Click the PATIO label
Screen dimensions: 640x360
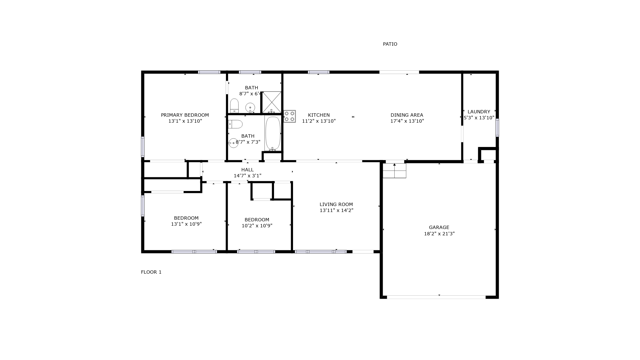pyautogui.click(x=390, y=44)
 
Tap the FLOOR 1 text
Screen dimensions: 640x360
pyautogui.click(x=151, y=272)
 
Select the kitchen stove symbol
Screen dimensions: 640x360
pyautogui.click(x=289, y=116)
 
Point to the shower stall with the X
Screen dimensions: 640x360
pyautogui.click(x=272, y=102)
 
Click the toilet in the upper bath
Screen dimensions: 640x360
pyautogui.click(x=234, y=106)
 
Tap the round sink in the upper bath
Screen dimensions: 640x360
pyautogui.click(x=250, y=108)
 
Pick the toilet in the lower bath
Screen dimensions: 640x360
pyautogui.click(x=235, y=124)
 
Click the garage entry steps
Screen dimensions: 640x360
pyautogui.click(x=394, y=171)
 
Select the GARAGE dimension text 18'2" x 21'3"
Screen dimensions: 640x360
pyautogui.click(x=439, y=234)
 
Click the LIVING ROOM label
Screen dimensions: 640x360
pyautogui.click(x=336, y=204)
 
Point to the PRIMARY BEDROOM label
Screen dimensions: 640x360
pyautogui.click(x=185, y=115)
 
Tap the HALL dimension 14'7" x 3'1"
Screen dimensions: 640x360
pyautogui.click(x=247, y=176)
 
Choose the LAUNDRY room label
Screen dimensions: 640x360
pyautogui.click(x=479, y=112)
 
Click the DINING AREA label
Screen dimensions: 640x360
pyautogui.click(x=407, y=115)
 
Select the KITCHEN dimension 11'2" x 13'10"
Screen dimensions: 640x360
pyautogui.click(x=319, y=121)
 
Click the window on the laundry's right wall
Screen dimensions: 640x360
pyautogui.click(x=497, y=128)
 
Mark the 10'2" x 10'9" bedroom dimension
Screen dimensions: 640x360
pyautogui.click(x=257, y=226)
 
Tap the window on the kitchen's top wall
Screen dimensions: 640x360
pyautogui.click(x=319, y=72)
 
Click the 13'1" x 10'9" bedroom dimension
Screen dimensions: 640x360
pyautogui.click(x=186, y=224)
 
